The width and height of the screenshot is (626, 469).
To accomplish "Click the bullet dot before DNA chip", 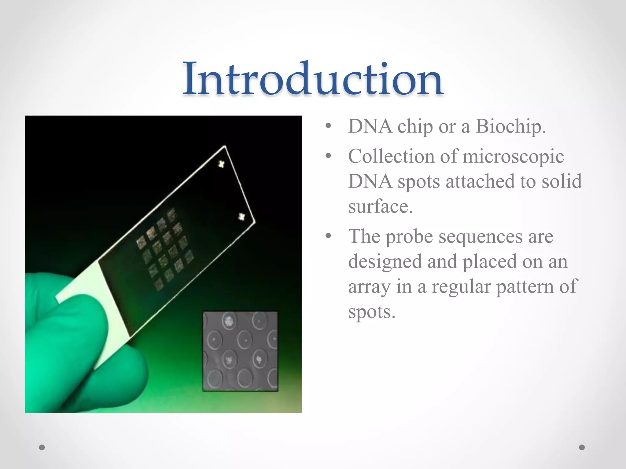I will [x=328, y=126].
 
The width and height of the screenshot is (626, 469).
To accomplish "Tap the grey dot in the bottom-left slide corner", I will [x=42, y=447].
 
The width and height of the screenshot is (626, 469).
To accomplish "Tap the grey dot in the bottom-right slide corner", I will [x=582, y=447].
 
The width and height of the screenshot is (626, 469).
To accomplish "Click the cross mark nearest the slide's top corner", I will [x=221, y=164].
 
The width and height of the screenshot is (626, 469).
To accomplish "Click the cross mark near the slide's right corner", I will [x=241, y=217].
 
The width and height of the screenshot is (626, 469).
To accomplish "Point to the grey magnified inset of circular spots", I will [x=240, y=351].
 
